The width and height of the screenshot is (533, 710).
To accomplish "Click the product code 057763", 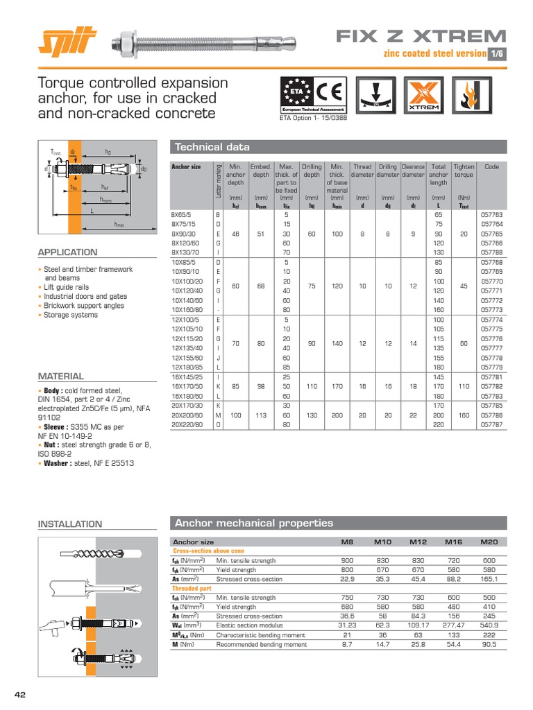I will click(491, 215).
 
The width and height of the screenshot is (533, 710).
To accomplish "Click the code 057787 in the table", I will click(491, 424).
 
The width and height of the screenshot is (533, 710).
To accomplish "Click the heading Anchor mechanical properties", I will click(254, 523).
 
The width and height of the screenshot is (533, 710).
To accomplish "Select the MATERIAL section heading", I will click(60, 376).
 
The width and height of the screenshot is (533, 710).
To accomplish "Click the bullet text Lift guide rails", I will click(66, 287).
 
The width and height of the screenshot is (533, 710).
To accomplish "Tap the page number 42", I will click(20, 694).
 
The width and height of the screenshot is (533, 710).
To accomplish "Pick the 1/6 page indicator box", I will click(498, 53).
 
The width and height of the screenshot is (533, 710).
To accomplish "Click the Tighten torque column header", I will click(464, 171).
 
